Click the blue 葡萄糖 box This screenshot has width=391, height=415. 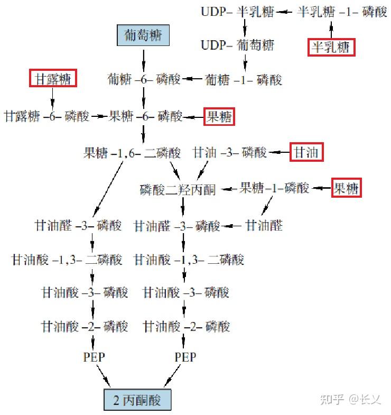tap(144, 36)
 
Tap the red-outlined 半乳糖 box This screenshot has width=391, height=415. tap(331, 48)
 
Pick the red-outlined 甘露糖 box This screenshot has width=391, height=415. tap(53, 79)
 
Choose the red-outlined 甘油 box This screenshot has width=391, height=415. tap(306, 152)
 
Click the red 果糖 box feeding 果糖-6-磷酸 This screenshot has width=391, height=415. tap(219, 116)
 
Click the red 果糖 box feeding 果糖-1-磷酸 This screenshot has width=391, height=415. tap(347, 188)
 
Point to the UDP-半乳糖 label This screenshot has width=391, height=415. tap(237, 12)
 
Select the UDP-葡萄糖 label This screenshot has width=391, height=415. tap(237, 44)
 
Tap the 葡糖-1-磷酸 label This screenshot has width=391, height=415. tap(243, 79)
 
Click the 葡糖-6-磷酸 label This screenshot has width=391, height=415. tap(144, 79)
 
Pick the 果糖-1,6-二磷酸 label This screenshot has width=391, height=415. tap(132, 153)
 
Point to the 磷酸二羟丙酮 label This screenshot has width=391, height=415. tap(178, 189)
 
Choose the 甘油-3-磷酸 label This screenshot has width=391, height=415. tap(230, 153)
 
